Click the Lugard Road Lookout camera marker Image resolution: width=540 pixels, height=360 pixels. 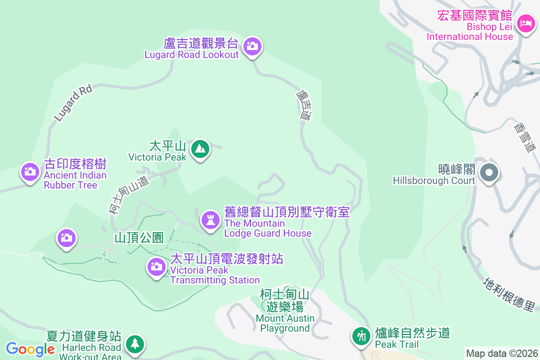[252, 46]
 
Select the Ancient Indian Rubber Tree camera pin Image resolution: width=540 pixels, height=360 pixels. [30, 171]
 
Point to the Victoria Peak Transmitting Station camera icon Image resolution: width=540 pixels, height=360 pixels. [156, 266]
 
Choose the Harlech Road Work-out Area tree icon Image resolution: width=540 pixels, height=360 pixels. [135, 344]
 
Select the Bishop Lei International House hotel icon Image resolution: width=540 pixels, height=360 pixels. [525, 23]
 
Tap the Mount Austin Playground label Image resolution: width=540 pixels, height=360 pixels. [285, 324]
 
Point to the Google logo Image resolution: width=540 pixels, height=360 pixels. [30, 349]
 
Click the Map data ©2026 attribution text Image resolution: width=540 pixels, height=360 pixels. [502, 353]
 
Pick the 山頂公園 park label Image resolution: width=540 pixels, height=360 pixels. [139, 238]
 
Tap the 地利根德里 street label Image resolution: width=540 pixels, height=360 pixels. [509, 294]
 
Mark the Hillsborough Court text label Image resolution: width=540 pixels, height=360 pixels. [434, 180]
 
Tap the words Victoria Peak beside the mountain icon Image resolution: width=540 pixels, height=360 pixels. [157, 157]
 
